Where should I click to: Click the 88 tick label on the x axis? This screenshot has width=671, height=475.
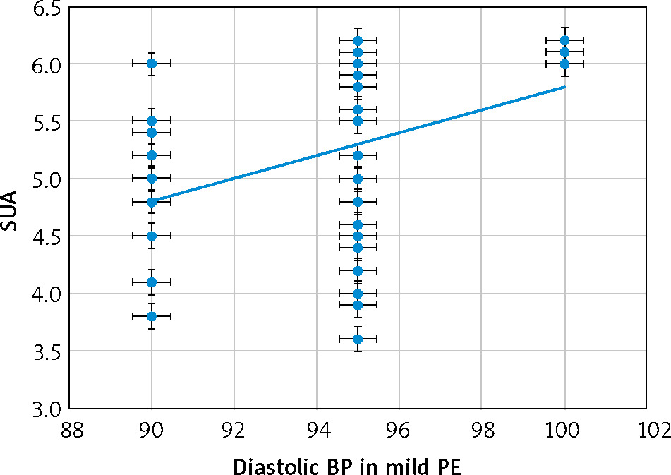[x=69, y=429]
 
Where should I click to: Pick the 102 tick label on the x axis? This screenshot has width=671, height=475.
[x=646, y=429]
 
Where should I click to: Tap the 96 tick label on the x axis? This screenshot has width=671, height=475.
[x=399, y=429]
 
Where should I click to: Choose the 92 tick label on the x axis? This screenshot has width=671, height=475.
[x=234, y=429]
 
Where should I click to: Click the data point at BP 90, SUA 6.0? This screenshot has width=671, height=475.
[x=152, y=64]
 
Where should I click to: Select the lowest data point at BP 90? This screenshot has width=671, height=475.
[x=152, y=316]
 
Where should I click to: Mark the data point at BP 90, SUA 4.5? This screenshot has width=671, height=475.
[x=152, y=236]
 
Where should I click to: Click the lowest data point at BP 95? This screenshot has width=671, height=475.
[x=358, y=339]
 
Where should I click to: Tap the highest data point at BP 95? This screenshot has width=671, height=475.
[x=358, y=40]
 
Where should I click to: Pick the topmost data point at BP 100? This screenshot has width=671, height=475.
[x=564, y=40]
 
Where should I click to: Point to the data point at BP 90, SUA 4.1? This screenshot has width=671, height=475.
[x=152, y=282]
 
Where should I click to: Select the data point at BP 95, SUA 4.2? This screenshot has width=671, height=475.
[x=358, y=270]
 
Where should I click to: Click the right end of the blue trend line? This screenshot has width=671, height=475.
[x=564, y=87]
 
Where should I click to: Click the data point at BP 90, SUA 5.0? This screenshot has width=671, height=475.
[x=152, y=178]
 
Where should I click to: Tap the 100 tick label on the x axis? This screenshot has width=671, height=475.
[x=564, y=429]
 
